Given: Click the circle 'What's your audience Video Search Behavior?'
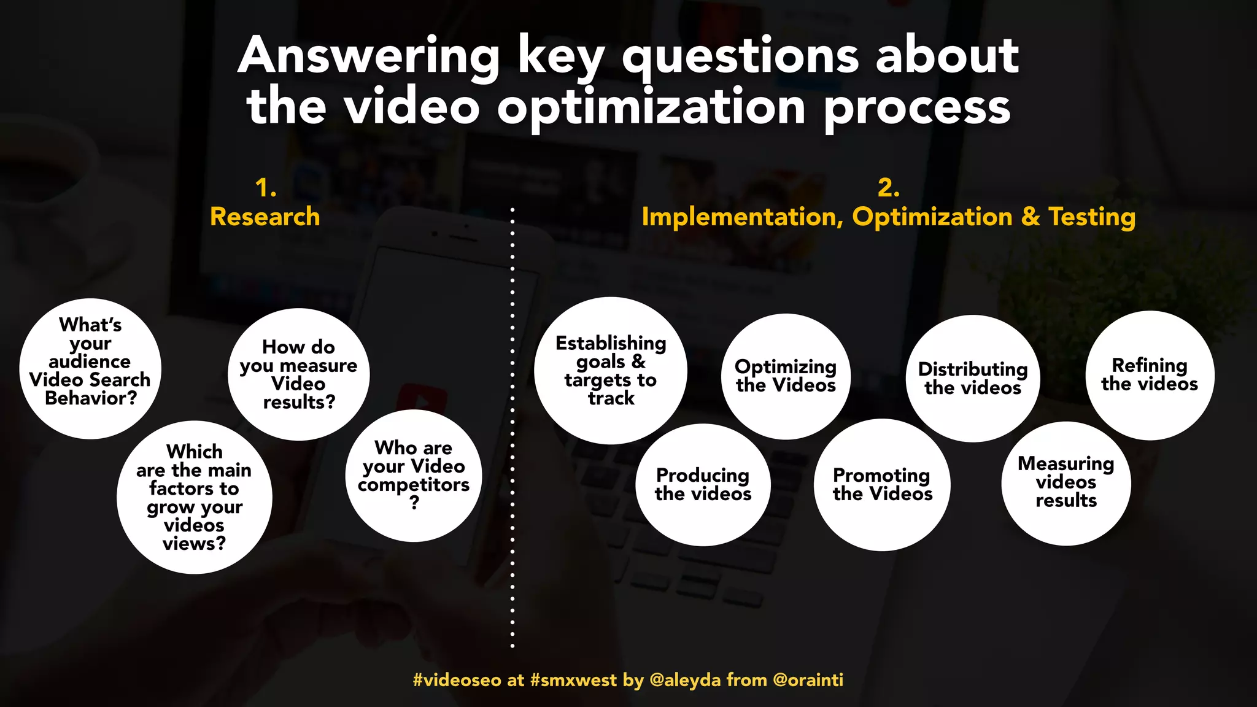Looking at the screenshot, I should point(90,368).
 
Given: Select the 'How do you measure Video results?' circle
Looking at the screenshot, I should point(298,374).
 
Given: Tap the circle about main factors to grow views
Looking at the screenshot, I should point(194,497).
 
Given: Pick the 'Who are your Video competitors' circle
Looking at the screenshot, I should point(414,475).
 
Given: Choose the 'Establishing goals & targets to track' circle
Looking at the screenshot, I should point(610,371).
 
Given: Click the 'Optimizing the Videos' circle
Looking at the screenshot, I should point(786,376).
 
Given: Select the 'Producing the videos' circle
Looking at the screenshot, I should point(703,484).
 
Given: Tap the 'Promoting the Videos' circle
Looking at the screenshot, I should point(882,484).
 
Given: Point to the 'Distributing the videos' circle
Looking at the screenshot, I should point(973,378).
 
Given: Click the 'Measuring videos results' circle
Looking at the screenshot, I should point(1066,482).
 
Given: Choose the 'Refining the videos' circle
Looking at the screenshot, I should point(1150,375).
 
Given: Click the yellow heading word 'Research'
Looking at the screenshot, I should point(265,217).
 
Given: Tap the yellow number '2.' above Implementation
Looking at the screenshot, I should point(888,187).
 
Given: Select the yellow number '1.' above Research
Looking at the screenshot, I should point(265,187).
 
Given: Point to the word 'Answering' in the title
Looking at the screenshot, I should point(369,56).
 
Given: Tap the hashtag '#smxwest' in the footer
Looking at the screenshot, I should point(573,680).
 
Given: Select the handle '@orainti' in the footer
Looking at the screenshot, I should point(808,680).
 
